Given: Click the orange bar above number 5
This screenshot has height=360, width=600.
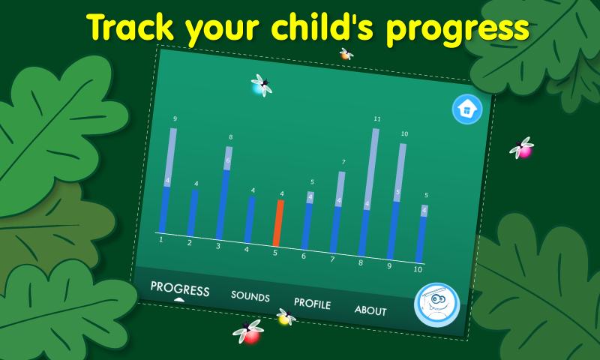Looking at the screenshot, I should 278,223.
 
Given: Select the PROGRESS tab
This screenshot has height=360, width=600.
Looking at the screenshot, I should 179,289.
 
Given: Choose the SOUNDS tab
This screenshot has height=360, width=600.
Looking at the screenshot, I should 250,297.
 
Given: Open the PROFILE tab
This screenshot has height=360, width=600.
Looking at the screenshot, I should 312,304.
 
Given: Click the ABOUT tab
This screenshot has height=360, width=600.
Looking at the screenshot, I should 370,310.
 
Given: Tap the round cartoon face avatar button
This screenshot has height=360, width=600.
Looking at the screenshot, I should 436,306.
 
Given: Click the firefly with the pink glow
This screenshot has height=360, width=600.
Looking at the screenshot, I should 522,148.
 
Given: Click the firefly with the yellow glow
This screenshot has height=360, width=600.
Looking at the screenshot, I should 285,317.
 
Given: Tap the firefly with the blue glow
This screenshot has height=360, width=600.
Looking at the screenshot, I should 261,85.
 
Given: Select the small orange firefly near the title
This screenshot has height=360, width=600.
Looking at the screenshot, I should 346,53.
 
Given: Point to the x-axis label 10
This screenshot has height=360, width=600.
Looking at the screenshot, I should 418,269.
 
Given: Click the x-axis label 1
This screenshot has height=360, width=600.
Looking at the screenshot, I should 160,239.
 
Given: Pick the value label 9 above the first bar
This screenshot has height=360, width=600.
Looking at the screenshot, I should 175,119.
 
